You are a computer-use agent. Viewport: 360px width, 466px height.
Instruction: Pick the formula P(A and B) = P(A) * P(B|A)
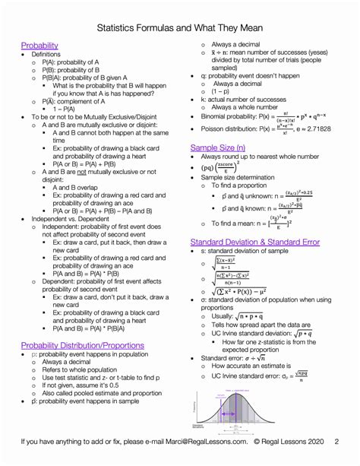click(x=99, y=308)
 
